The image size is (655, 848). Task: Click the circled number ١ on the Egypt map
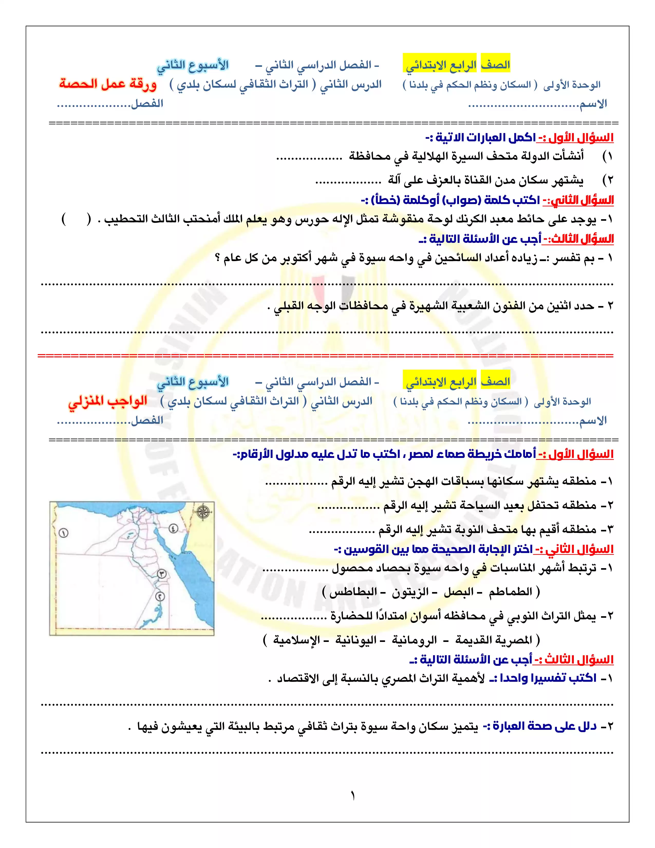tap(63, 533)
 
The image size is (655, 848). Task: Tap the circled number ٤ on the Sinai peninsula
tap(173, 528)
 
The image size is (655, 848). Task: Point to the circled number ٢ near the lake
tap(160, 596)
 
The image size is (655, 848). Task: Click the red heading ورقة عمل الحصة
tap(108, 84)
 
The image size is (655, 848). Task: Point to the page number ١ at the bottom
tap(353, 796)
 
